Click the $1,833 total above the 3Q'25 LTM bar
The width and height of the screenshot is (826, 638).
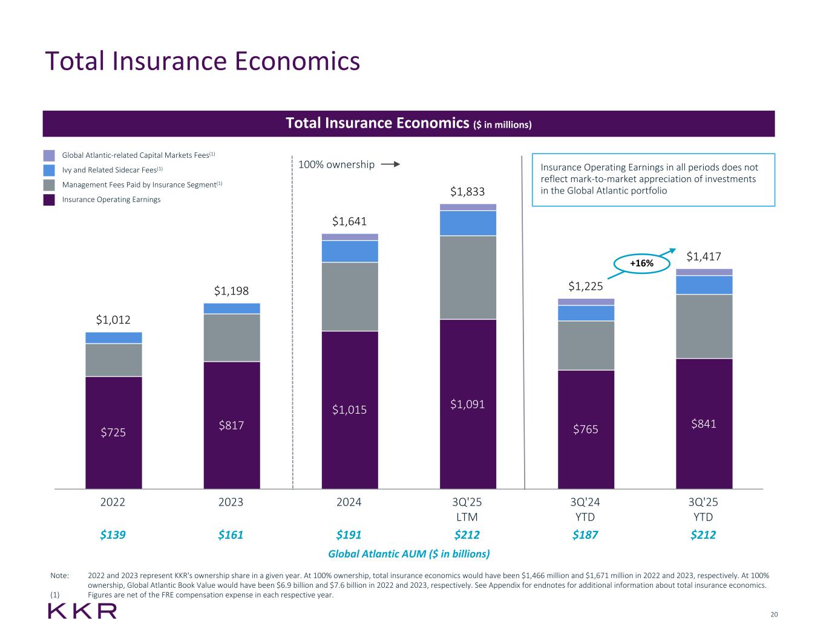[x=467, y=192]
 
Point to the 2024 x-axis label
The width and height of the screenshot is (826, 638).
[x=349, y=502]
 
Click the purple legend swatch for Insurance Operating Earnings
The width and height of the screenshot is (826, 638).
[x=49, y=200]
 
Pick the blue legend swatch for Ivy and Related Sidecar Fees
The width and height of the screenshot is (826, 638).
[x=49, y=170]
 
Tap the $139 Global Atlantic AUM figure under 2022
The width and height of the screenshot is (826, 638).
[x=113, y=535]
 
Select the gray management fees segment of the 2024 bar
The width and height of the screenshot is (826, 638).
[x=350, y=296]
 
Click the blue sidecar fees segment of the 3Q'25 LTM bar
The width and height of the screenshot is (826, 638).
[x=468, y=223]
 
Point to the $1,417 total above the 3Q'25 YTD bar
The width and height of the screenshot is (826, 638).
[x=704, y=257]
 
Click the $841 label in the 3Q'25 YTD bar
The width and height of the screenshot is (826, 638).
[x=704, y=424]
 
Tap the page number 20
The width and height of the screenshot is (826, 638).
[x=774, y=614]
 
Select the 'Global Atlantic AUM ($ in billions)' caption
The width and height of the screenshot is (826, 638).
[x=408, y=553]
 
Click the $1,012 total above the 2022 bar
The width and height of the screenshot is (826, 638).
[x=113, y=319]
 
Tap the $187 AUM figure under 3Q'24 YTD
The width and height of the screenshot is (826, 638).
[x=585, y=535]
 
